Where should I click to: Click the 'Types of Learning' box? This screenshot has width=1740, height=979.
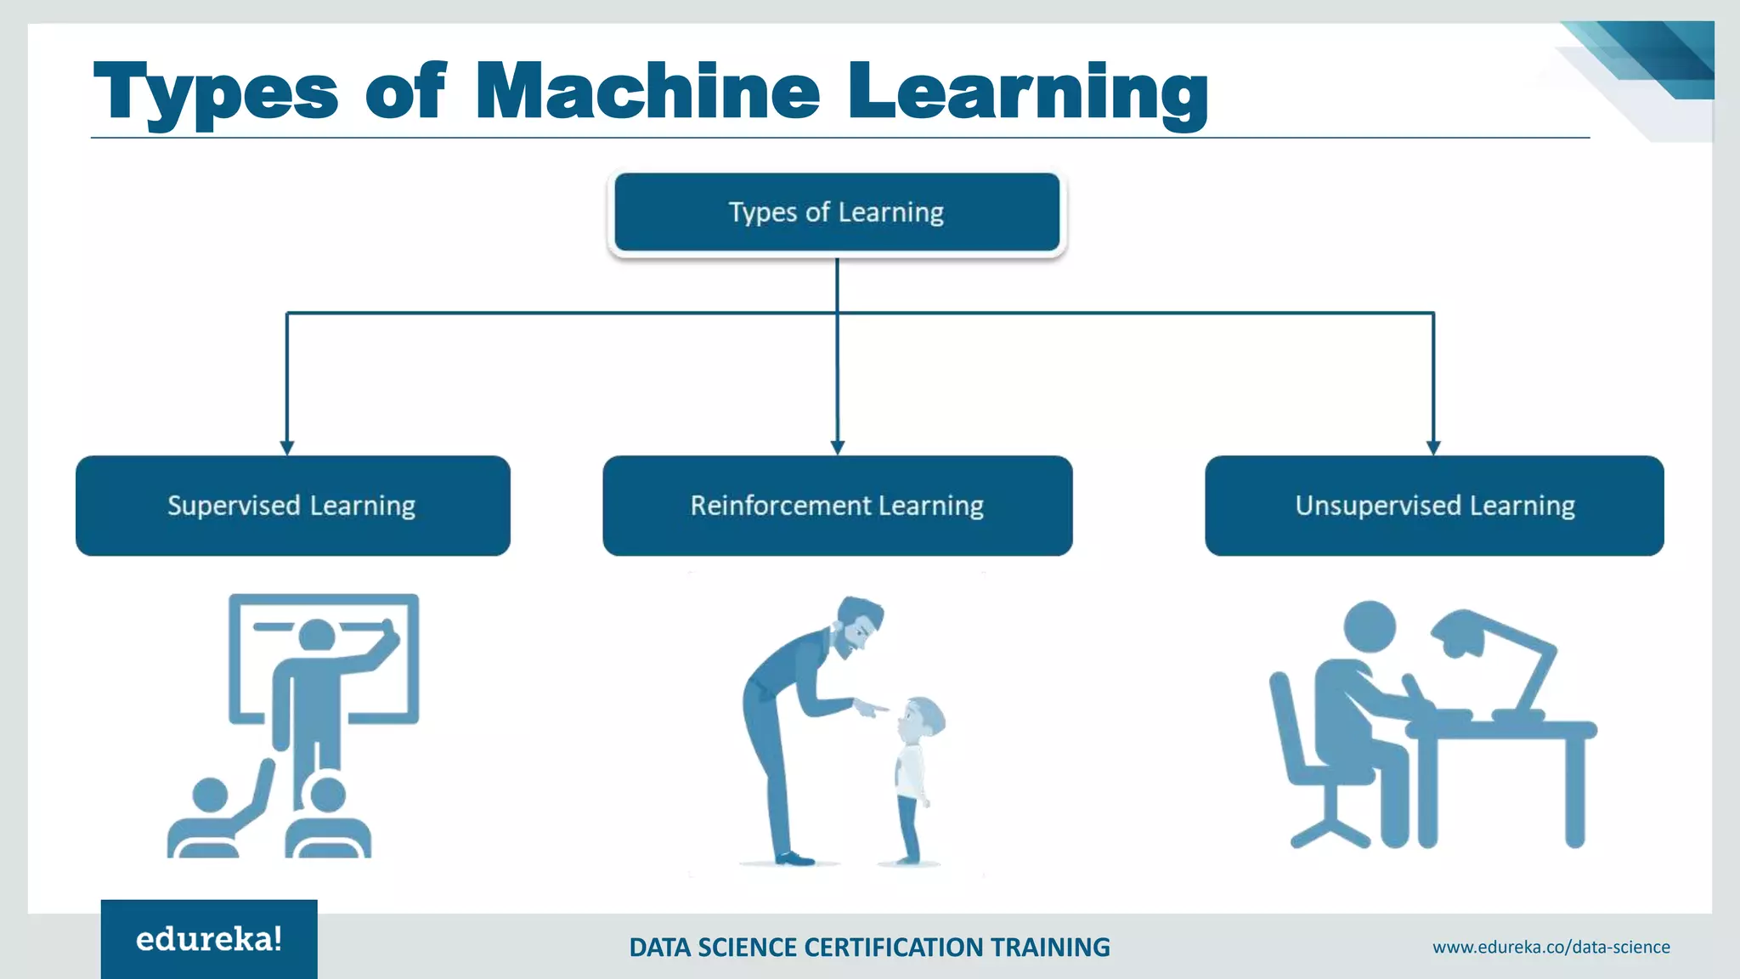837,212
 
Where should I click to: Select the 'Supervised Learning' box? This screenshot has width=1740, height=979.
292,506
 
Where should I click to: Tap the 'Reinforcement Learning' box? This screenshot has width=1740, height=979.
837,506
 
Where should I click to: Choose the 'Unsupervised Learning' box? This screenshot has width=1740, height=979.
1434,506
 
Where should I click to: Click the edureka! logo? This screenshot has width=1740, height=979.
209,939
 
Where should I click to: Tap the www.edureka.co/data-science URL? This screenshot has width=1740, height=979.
1551,947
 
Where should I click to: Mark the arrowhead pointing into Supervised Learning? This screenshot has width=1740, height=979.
287,447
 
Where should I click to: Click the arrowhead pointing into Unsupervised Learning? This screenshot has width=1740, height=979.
1433,447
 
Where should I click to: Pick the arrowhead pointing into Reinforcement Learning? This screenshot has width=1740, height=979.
838,447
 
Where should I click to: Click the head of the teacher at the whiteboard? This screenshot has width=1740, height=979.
317,636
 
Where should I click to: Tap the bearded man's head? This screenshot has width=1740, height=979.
858,625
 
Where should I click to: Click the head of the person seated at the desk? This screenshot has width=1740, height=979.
1369,627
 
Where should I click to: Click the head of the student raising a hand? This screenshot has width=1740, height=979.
210,795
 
